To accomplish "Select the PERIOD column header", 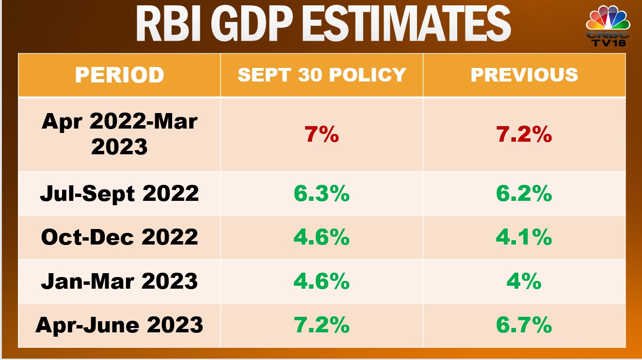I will click(119, 75).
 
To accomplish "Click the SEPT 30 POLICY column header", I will click(321, 75).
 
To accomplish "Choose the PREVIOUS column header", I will click(524, 75).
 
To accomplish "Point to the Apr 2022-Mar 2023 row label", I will click(119, 134).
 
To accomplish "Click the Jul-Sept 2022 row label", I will click(119, 194).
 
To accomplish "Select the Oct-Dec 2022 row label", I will click(119, 237).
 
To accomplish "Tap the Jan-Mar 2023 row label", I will click(119, 281).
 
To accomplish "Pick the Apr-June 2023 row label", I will click(119, 325).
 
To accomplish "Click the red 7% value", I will click(321, 134).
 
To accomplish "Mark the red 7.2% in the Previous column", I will click(524, 134).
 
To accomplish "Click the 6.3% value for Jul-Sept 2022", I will click(321, 194).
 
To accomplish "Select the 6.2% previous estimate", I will click(524, 194).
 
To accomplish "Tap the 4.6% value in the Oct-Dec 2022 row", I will click(321, 237).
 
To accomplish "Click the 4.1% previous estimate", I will click(524, 237).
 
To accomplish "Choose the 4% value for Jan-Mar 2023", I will click(524, 281).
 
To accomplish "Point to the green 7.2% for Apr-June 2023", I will click(321, 325).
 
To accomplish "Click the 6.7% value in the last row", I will click(524, 325).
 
